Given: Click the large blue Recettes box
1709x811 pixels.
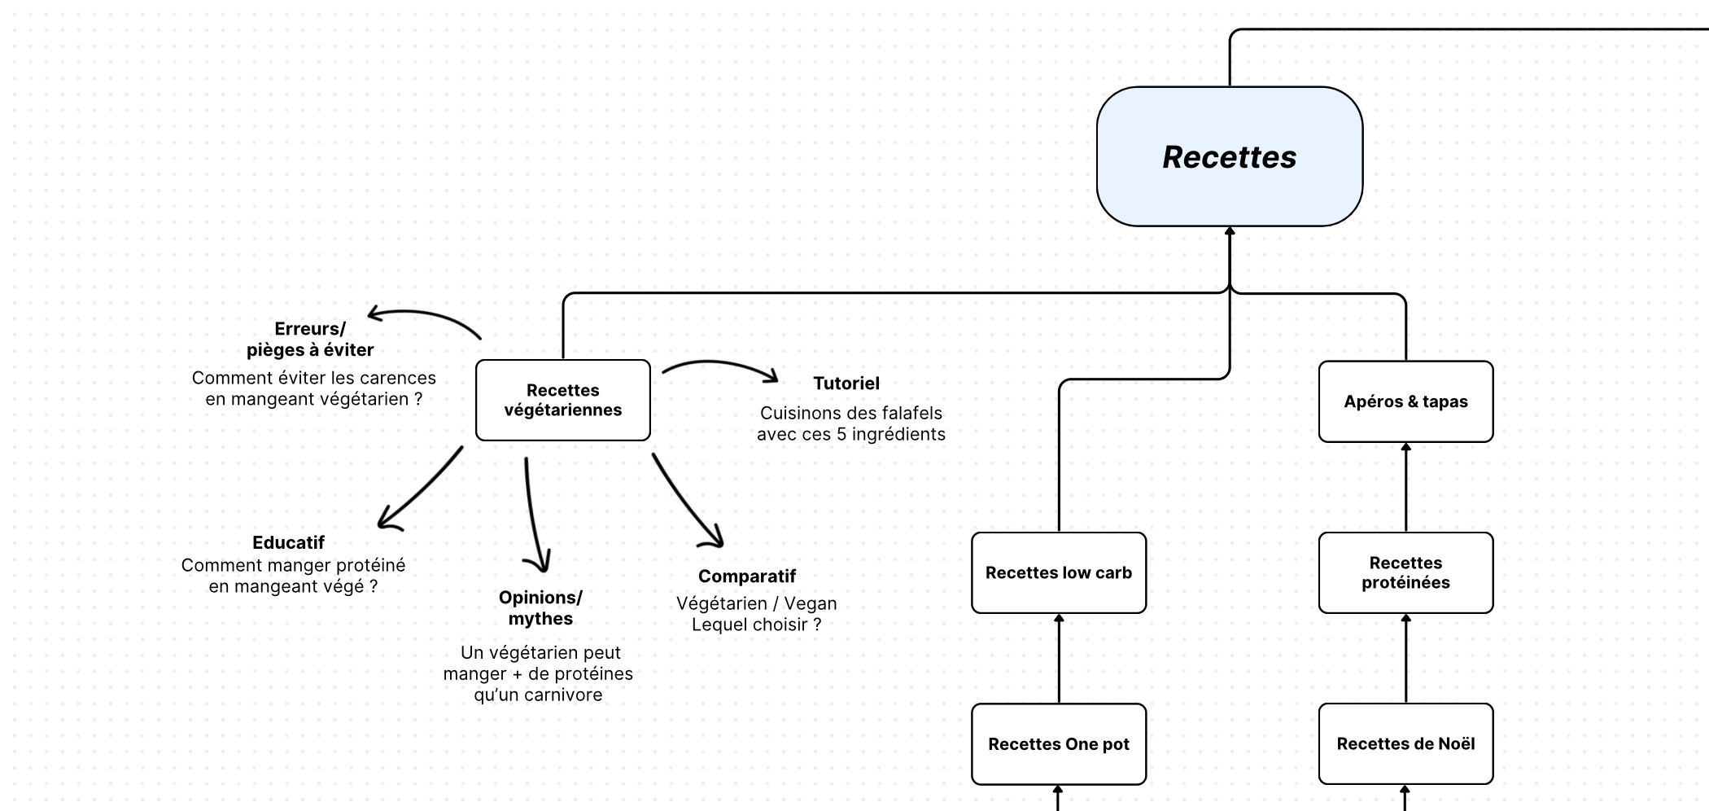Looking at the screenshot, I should pos(1229,156).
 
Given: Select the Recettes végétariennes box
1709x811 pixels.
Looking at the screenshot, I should pos(562,400).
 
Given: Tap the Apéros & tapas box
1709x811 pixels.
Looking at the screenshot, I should pos(1405,401).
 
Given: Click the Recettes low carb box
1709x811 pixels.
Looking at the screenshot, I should pos(1058,572).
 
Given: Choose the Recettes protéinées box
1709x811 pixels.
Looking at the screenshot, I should pos(1405,572).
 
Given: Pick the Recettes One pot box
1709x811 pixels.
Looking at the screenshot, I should pos(1058,743).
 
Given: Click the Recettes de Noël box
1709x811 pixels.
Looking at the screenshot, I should pos(1405,743).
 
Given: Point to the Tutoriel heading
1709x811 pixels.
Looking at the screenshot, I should pos(846,383).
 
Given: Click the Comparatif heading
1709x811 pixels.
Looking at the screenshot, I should pos(746,576).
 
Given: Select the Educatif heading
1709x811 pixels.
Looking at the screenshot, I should pos(288,542).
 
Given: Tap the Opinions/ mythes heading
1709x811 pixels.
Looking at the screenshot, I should pos(540,607).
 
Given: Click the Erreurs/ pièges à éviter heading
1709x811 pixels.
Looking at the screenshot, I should pos(310,340).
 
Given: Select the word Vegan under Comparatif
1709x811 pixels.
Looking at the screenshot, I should pos(810,603).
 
